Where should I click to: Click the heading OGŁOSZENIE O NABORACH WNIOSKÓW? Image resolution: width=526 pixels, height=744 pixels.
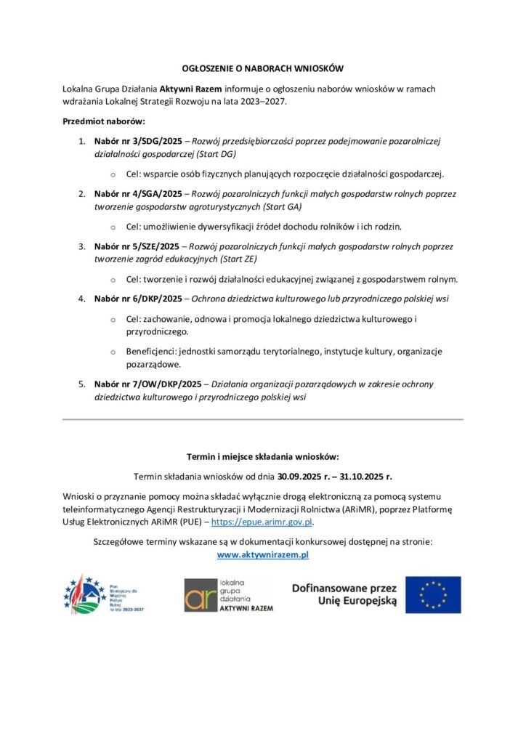click(x=263, y=68)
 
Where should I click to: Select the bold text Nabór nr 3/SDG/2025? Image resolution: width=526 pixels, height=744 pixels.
click(x=138, y=141)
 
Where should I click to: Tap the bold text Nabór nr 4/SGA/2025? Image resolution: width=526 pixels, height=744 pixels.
click(x=138, y=195)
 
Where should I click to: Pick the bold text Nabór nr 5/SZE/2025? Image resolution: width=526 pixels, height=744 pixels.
click(x=137, y=247)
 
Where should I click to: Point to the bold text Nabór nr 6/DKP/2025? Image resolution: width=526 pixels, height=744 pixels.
click(x=138, y=299)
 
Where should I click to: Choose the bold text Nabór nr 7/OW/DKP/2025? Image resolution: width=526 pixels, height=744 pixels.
click(x=147, y=384)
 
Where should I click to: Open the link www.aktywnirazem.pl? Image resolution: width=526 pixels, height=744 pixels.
click(x=263, y=554)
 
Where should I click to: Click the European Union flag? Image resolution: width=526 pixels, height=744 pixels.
click(x=433, y=594)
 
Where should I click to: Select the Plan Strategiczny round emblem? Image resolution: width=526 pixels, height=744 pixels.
click(x=84, y=595)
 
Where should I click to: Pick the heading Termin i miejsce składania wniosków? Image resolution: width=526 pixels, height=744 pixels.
click(x=263, y=457)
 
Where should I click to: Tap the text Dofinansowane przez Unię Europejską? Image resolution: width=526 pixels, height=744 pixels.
click(x=344, y=594)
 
